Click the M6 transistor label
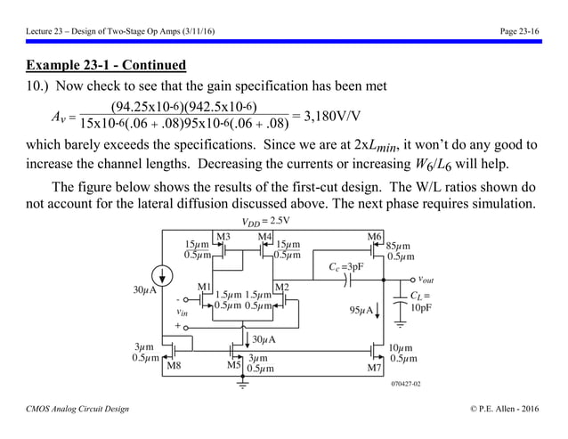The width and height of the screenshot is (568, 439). pos(375,236)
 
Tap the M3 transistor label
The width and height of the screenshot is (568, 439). pos(223,236)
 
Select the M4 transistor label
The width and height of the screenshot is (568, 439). pos(264,236)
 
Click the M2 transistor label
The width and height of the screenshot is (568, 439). pos(282,287)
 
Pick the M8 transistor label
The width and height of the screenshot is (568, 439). pos(174,365)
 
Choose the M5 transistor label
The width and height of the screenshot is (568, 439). pos(234,365)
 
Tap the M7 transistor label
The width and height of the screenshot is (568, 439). pos(375,366)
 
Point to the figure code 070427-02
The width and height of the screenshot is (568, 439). pos(405,384)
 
